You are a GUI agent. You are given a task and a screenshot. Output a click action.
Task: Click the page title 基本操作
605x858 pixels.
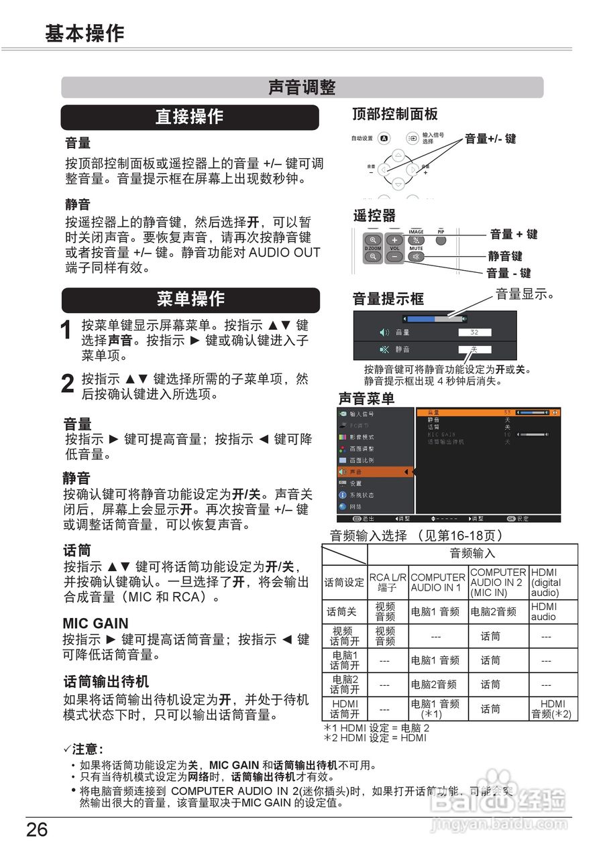(85, 34)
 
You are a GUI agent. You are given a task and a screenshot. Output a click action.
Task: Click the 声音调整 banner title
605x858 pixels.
(302, 88)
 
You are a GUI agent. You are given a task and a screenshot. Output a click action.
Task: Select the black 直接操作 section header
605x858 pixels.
(190, 117)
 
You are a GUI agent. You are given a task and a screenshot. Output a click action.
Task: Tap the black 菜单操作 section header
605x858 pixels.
(190, 300)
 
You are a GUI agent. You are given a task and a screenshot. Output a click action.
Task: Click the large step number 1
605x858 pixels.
(66, 331)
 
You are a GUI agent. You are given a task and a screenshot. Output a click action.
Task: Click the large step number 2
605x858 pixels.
(67, 384)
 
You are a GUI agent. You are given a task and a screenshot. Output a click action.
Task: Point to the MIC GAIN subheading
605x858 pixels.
(95, 623)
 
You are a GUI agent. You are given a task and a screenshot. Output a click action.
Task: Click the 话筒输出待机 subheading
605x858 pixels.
(106, 682)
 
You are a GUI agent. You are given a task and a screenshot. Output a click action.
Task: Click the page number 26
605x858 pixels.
(38, 830)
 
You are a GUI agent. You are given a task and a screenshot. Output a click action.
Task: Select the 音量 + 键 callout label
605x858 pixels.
(513, 234)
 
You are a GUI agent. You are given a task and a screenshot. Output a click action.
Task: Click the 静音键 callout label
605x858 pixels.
(505, 255)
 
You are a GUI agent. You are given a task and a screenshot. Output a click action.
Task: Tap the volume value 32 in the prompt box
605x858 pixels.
(474, 332)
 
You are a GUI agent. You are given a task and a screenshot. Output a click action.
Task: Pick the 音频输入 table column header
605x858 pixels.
(472, 554)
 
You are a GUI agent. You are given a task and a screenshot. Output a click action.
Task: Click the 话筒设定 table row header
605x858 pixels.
(344, 583)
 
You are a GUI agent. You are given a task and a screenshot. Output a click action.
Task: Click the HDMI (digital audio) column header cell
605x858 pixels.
(553, 583)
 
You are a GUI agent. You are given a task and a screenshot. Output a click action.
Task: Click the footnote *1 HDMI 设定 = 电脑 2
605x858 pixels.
(376, 728)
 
